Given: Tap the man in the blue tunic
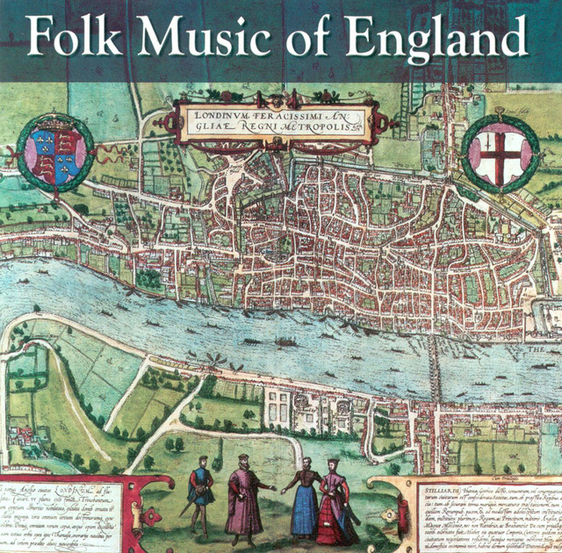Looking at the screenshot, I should click(x=201, y=488).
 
